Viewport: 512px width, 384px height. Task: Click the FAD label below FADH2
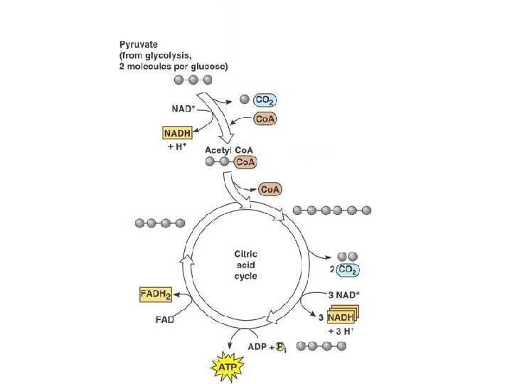pyautogui.click(x=165, y=319)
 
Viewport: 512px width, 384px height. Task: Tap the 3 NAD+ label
pyautogui.click(x=343, y=294)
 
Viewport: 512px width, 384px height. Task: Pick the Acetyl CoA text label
pyautogui.click(x=226, y=151)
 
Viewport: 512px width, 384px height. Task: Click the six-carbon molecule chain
pyautogui.click(x=332, y=210)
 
